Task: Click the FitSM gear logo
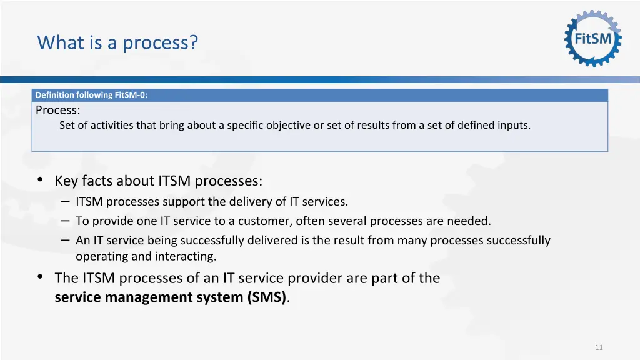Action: point(592,38)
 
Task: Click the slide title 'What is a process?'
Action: point(117,43)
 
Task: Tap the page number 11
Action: point(599,347)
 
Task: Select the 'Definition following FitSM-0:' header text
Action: point(91,95)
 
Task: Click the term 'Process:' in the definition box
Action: point(57,110)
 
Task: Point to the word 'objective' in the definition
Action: point(288,125)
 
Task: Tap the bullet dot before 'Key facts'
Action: point(40,180)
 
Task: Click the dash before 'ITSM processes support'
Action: point(66,201)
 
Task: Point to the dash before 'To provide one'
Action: point(66,221)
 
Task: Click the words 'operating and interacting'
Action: point(146,256)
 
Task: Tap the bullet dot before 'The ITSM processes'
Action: point(40,277)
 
